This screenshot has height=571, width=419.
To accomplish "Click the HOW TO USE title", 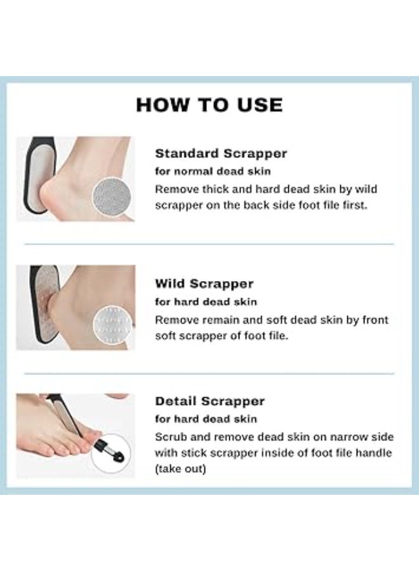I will (x=209, y=104).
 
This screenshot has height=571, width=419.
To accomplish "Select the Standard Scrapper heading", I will (x=221, y=154).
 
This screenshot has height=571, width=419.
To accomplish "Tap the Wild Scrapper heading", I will (x=204, y=284).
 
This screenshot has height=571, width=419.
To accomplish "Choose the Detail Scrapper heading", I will (x=209, y=401).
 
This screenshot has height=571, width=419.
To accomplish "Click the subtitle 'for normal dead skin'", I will (x=206, y=171).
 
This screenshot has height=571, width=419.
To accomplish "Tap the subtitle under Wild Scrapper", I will (x=206, y=301).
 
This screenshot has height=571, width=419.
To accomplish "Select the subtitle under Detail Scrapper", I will (x=206, y=419).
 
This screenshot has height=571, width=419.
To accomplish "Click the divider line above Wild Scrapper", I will (x=209, y=244).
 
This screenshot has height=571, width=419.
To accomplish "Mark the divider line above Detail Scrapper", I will (x=209, y=373).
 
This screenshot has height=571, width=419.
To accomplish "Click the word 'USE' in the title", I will (x=257, y=104).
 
